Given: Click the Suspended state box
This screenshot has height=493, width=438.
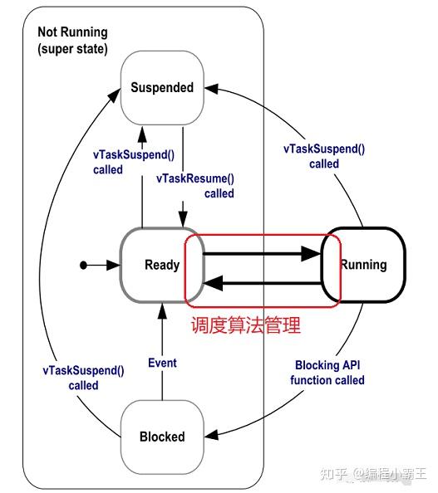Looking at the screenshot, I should [161, 87].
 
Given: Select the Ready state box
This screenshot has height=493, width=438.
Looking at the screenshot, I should [161, 265].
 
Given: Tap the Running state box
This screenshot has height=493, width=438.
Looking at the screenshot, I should [363, 265].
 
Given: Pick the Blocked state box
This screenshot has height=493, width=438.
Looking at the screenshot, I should [161, 437].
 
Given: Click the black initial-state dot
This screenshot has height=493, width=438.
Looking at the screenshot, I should [83, 266].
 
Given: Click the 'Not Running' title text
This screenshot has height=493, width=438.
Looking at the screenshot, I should [72, 32].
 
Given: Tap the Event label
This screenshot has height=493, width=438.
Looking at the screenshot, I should [162, 363].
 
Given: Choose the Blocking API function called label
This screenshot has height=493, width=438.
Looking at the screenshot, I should [327, 373].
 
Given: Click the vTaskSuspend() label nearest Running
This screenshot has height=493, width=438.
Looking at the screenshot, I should [324, 156].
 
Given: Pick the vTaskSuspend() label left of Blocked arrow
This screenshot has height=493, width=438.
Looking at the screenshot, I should [84, 378].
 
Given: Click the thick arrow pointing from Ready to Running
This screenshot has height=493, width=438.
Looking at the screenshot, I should [262, 256].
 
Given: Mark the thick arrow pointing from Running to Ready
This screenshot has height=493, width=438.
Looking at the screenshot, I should [262, 284].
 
